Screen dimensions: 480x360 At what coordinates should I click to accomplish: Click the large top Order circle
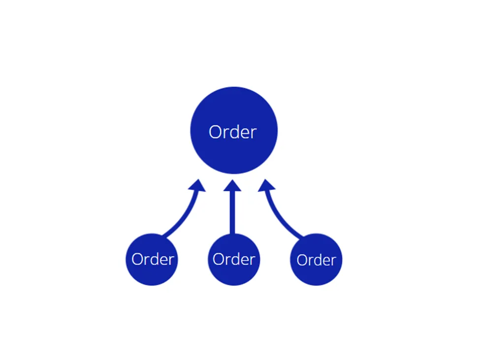point(234,130)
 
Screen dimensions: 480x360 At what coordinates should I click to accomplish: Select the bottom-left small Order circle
point(152,259)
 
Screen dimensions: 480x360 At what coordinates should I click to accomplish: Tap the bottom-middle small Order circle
point(234,259)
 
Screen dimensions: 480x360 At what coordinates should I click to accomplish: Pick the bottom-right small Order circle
point(316,259)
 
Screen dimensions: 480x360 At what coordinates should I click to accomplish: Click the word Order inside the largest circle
point(233,132)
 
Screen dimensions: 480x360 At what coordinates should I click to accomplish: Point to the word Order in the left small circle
point(153,259)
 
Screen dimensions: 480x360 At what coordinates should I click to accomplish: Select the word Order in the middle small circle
point(234,259)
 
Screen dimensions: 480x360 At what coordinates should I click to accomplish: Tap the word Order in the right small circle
point(316,260)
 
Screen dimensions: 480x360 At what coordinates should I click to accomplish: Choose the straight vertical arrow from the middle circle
point(232,207)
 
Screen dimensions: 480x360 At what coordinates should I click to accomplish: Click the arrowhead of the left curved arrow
point(197,185)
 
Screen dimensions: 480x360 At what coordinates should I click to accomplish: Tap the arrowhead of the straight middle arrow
point(232,185)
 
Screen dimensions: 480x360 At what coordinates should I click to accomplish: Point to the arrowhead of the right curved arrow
point(266,185)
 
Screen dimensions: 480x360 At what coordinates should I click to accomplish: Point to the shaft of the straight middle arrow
point(232,213)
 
